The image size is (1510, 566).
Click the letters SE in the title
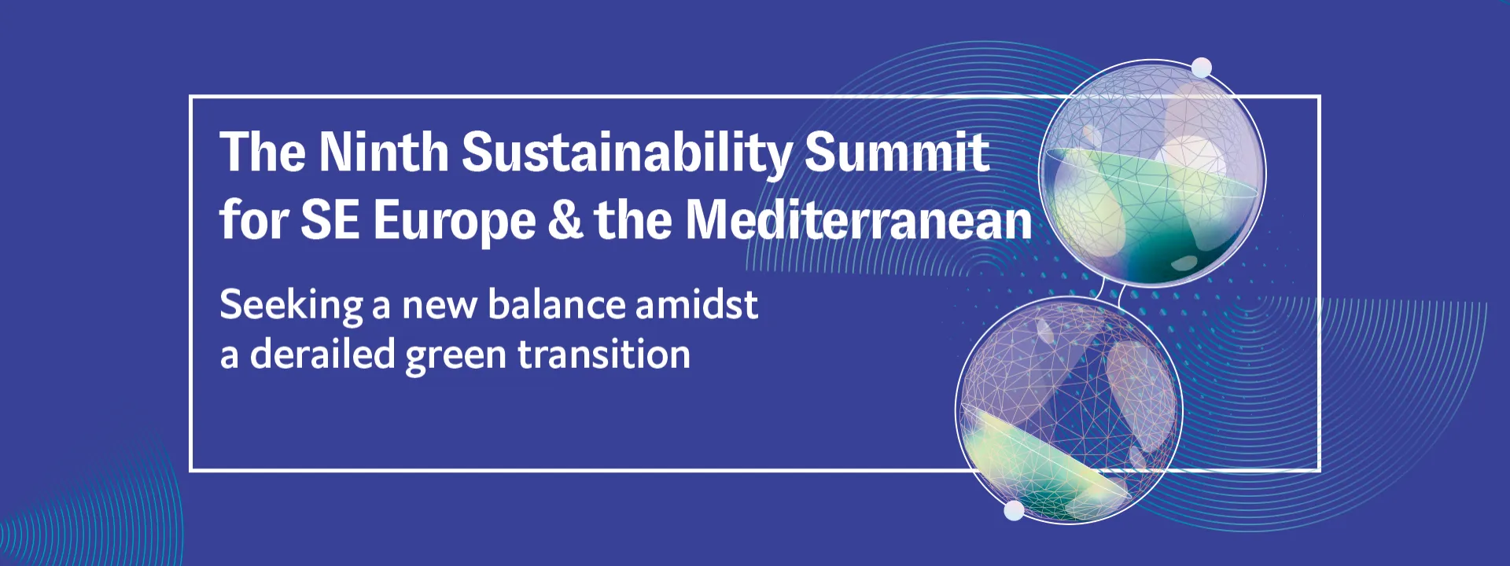click(330, 219)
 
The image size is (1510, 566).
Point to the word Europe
click(455, 222)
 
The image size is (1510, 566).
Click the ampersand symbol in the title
click(565, 219)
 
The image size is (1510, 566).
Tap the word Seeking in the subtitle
click(292, 306)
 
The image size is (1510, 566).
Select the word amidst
click(697, 303)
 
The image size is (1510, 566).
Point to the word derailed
click(322, 354)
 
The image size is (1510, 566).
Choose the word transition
click(604, 354)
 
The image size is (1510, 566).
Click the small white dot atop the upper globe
click(1202, 68)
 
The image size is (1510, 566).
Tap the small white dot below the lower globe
click(1015, 511)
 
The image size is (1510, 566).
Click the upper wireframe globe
click(1152, 173)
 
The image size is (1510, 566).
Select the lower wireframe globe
click(1069, 410)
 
